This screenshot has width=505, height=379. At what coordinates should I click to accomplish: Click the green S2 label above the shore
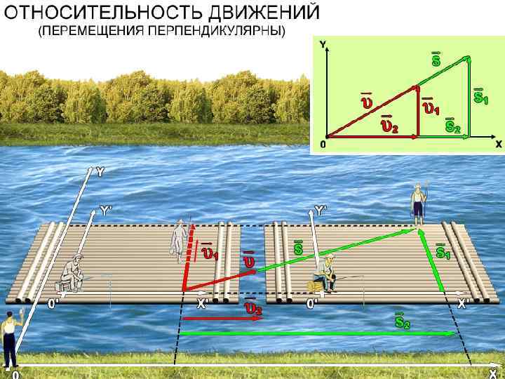(402, 321)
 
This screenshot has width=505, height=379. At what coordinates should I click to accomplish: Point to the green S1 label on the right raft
(443, 251)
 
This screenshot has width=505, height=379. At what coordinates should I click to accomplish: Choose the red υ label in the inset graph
(368, 102)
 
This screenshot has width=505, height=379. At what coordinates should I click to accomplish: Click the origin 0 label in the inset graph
(323, 144)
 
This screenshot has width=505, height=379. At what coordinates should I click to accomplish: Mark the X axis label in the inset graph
(499, 143)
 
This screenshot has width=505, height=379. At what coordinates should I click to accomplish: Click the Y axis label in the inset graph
(323, 44)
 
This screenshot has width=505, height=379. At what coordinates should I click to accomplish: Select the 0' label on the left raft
(53, 304)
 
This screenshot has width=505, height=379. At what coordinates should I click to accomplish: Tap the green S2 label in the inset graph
(452, 126)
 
